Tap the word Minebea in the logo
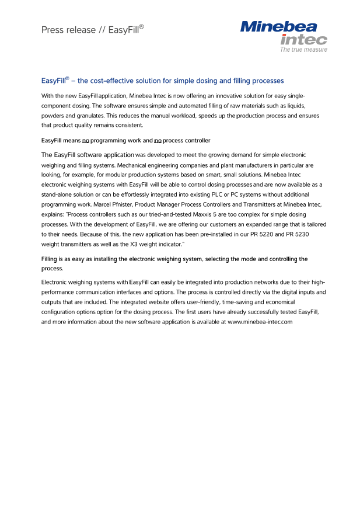pos(279,26)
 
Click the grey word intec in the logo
pos(303,40)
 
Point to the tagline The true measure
pos(303,50)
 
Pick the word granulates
pos(87,115)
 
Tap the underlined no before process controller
pos(158,140)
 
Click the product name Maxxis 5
pos(207,214)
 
